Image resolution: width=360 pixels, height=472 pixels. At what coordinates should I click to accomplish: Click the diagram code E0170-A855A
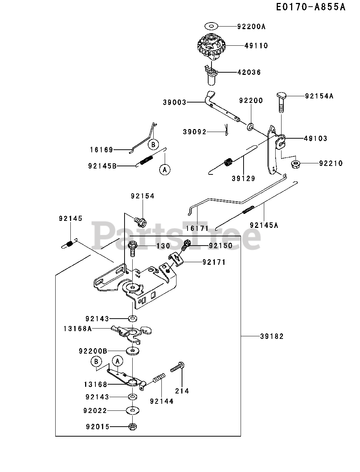coord(311,7)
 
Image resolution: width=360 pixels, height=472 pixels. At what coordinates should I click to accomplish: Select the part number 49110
coord(256,46)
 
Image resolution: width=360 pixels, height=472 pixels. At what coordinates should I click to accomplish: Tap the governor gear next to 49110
coord(211,47)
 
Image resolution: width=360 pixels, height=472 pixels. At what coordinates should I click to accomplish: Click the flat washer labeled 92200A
coord(212,26)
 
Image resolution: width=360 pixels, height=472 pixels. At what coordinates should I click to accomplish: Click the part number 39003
coord(174,103)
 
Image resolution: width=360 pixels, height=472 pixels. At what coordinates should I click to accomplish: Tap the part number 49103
coord(315,139)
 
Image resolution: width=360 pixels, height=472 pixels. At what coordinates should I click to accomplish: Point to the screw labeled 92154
coord(140,222)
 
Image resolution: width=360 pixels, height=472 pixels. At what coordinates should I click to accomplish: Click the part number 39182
coord(272,336)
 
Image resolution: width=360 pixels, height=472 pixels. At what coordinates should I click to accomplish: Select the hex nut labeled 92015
coord(133,427)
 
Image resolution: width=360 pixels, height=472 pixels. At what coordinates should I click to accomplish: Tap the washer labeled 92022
coord(133,410)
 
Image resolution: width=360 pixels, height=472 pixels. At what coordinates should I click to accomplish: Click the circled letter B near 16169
coord(153,145)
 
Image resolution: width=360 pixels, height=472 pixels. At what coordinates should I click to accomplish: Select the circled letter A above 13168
coord(117,361)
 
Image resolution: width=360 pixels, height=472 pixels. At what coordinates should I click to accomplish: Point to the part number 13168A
coord(77,329)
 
